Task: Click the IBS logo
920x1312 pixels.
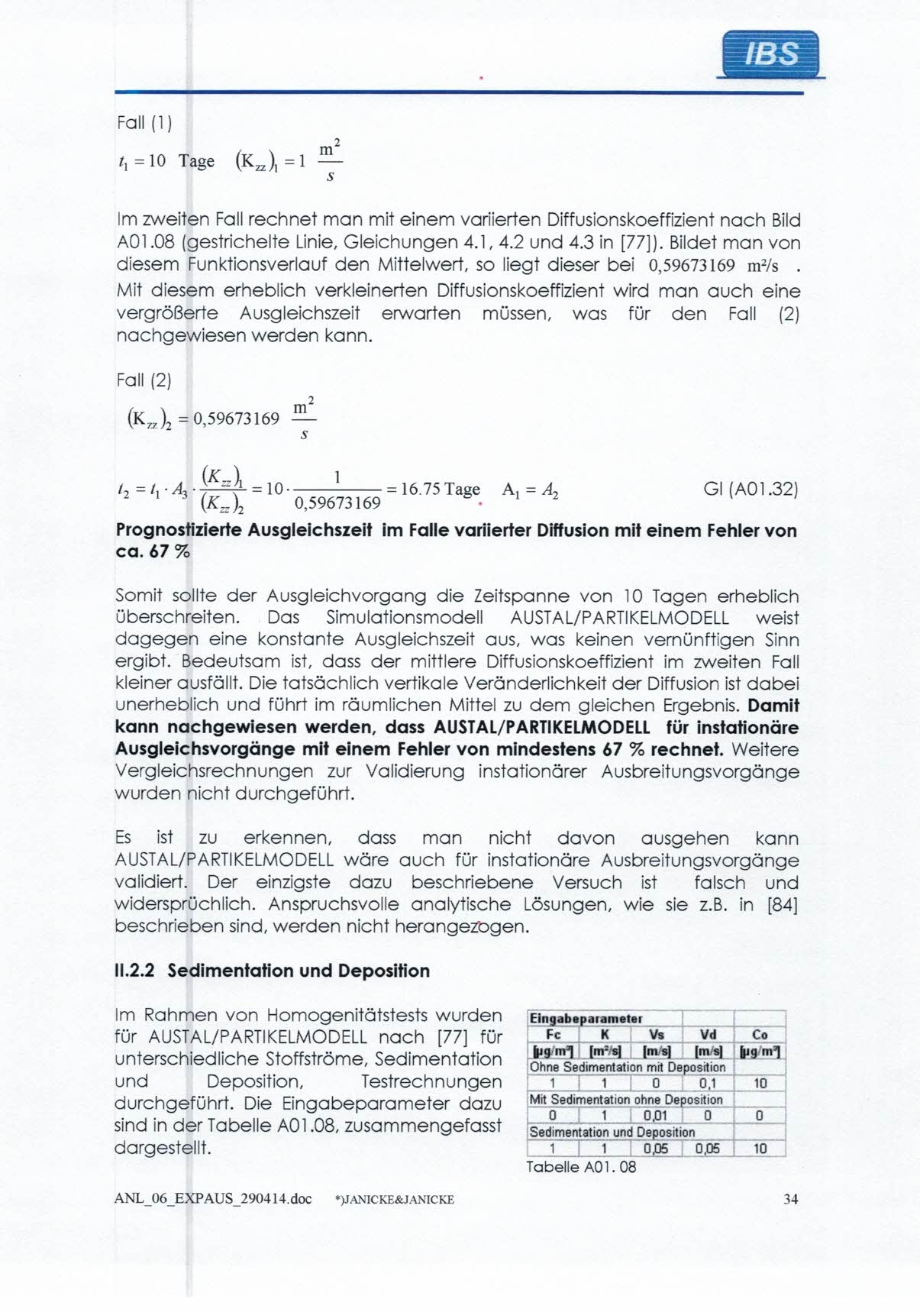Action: (x=770, y=54)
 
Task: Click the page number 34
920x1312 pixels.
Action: (x=790, y=1199)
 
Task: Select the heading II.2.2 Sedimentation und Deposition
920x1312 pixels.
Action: (x=271, y=971)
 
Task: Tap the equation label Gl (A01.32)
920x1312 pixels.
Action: (x=751, y=489)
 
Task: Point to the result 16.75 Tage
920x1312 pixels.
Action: (x=434, y=489)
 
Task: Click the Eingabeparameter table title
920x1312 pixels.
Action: (x=586, y=1018)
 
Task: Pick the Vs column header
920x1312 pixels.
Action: (x=656, y=1034)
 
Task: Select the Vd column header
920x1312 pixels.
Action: (x=708, y=1034)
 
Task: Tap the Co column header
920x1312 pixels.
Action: (x=760, y=1034)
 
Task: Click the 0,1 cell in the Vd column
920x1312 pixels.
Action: (x=708, y=1083)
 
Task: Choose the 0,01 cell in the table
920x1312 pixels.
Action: (x=656, y=1116)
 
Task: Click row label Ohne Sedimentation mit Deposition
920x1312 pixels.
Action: (x=627, y=1067)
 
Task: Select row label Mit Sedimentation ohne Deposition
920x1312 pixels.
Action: (x=625, y=1100)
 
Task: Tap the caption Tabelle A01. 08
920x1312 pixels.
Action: (x=581, y=1167)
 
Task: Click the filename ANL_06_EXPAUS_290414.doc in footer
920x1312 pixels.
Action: (x=213, y=1199)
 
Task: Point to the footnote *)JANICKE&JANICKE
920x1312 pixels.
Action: (x=395, y=1200)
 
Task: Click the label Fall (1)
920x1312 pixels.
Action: (x=144, y=122)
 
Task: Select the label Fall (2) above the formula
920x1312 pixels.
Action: (x=144, y=380)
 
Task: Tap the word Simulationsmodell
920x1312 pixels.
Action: (x=405, y=617)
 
